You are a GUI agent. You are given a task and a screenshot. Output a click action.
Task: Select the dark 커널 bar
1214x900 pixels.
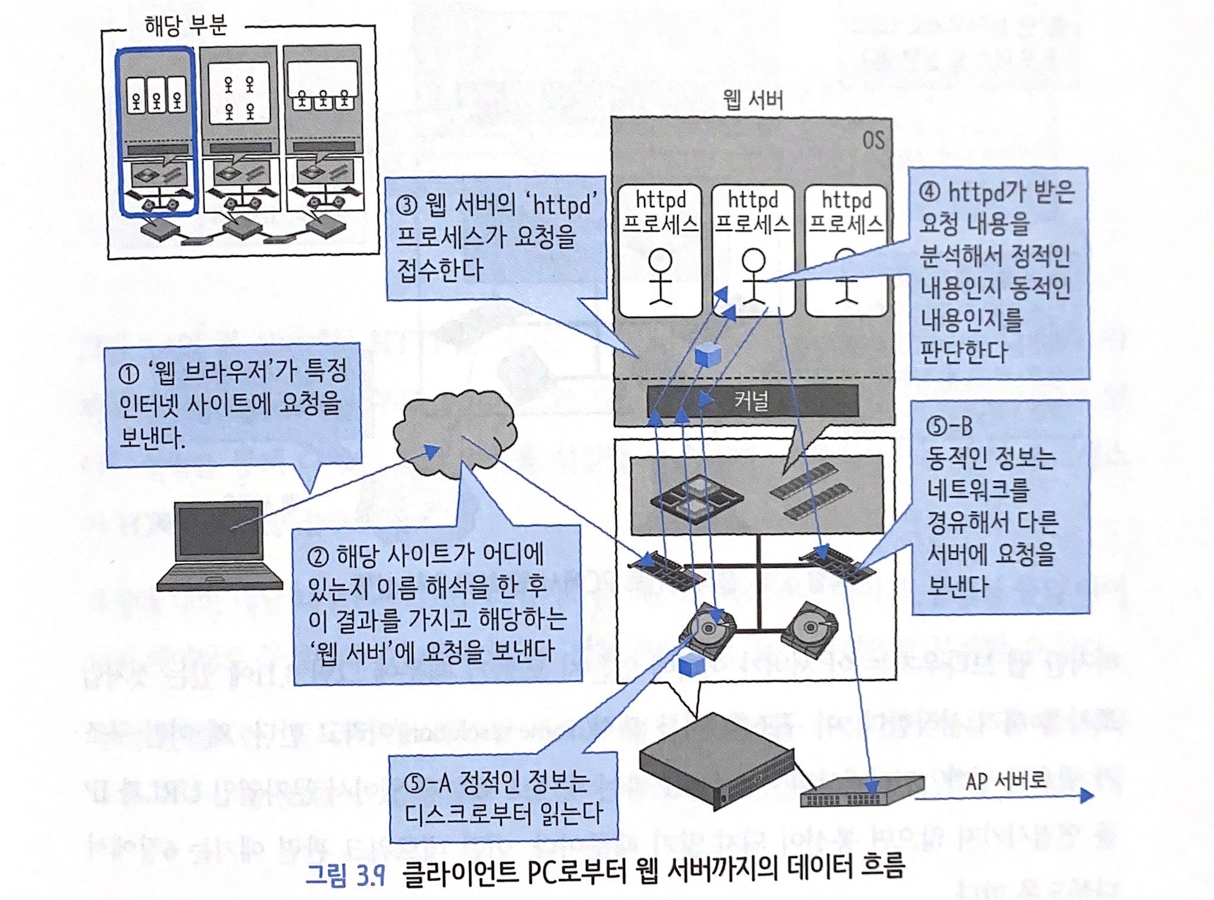(x=752, y=401)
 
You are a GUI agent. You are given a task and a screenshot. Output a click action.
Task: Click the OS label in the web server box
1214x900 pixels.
(x=873, y=141)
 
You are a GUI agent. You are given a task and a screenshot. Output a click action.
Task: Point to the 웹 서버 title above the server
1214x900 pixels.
(x=753, y=99)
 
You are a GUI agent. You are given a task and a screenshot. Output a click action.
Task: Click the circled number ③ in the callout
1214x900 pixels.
(x=407, y=205)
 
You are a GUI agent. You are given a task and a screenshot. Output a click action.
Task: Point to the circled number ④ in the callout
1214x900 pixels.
(x=930, y=192)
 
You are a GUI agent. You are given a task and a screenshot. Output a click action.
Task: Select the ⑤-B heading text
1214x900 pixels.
(x=949, y=426)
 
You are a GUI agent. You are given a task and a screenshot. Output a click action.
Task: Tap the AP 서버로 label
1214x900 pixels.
(x=1005, y=781)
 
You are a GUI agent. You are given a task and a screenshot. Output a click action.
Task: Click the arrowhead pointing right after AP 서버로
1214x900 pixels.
(x=1086, y=795)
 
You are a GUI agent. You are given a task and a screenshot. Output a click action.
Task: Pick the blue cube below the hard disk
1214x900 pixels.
(x=691, y=665)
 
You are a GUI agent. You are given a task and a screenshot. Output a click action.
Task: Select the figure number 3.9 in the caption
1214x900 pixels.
(x=371, y=875)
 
